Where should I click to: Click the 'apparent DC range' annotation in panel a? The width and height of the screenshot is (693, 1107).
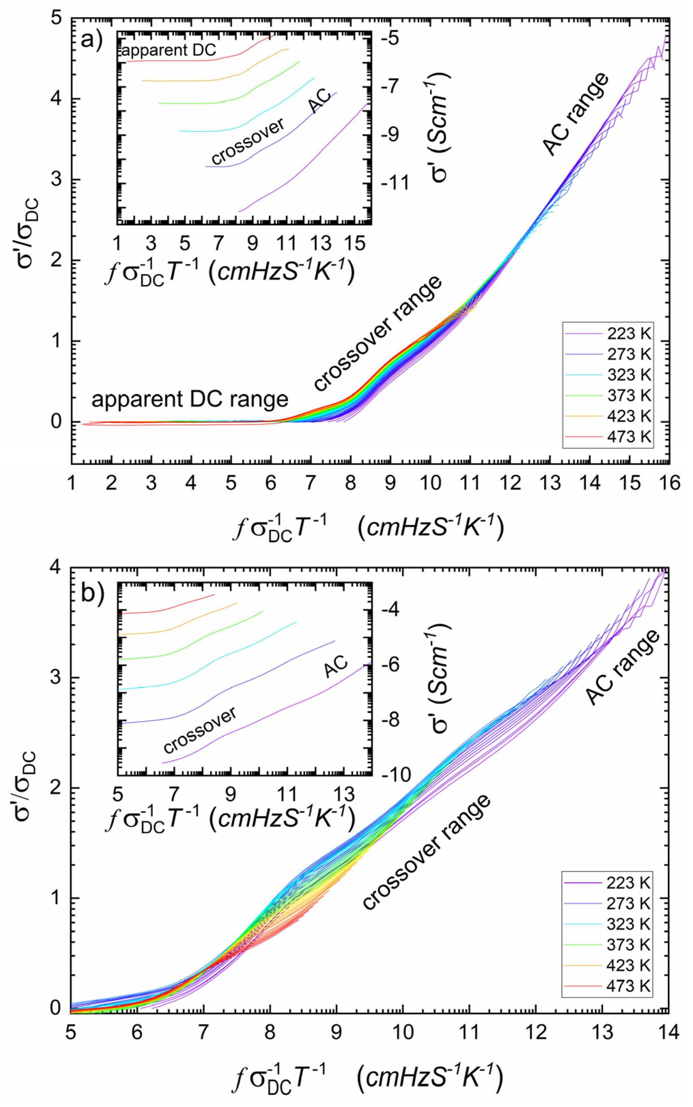pos(190,400)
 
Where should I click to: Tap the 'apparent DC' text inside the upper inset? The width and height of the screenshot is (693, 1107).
pos(168,50)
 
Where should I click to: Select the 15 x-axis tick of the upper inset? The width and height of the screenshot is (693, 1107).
pos(354,243)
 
